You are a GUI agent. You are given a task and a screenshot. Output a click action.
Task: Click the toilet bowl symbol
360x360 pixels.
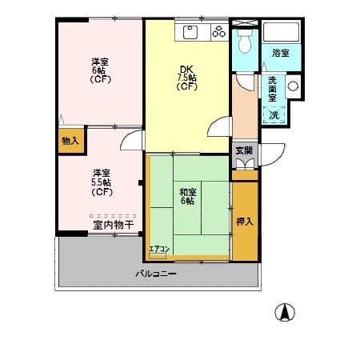point(245,41)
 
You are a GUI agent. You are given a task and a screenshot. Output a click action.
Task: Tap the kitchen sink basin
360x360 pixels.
point(190,32)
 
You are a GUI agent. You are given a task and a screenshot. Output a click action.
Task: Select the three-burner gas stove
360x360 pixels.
point(219,31)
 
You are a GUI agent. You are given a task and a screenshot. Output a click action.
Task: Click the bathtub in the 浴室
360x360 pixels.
point(281,32)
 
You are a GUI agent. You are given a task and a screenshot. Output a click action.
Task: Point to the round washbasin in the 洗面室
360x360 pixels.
point(293,86)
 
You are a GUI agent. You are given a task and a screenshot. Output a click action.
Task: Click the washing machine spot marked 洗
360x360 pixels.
point(274,115)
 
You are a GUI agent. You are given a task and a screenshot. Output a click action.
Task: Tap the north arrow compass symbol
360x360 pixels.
point(285,312)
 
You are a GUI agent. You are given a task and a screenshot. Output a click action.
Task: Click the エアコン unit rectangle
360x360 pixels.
point(158,256)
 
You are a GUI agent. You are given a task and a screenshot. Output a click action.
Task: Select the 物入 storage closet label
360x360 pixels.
point(70,141)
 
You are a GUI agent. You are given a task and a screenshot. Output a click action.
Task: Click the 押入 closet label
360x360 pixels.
point(245,222)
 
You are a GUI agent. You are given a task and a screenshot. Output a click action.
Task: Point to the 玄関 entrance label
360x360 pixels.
point(244,150)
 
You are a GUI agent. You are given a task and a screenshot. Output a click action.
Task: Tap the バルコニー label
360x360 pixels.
point(156,274)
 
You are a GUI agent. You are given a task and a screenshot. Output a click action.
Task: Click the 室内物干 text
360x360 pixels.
point(114,225)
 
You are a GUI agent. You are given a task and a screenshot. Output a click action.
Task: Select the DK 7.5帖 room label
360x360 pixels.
point(186,78)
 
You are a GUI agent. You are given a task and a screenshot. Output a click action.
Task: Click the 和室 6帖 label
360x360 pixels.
point(188,197)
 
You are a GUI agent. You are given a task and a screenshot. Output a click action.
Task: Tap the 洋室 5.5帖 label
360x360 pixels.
point(102,182)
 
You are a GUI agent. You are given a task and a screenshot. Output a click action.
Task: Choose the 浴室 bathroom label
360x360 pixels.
point(281,53)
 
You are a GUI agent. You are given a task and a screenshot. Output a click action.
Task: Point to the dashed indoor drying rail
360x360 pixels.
point(113,216)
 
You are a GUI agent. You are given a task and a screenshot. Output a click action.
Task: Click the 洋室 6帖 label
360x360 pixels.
point(100,70)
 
